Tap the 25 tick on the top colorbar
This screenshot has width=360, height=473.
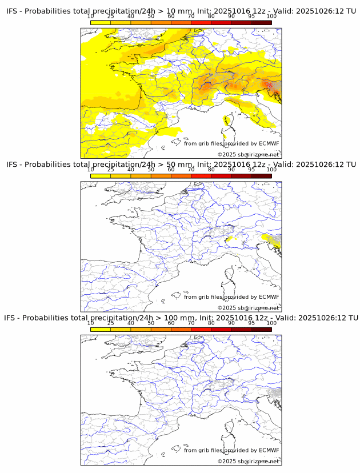click(111, 16)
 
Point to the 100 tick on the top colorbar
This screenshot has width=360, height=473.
click(271, 16)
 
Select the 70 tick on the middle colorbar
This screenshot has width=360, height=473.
click(191, 170)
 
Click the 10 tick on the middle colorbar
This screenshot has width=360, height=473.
click(91, 170)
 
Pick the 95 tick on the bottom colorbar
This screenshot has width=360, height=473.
click(251, 323)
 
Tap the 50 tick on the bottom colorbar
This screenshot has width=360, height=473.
click(151, 323)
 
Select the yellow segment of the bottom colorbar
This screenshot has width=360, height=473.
click(101, 330)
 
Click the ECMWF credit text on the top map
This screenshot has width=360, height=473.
click(231, 143)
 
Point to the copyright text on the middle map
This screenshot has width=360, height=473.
click(248, 308)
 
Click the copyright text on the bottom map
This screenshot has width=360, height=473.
click(248, 461)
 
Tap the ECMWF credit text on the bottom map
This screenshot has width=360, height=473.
click(231, 450)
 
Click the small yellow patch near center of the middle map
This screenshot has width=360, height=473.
click(230, 239)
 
